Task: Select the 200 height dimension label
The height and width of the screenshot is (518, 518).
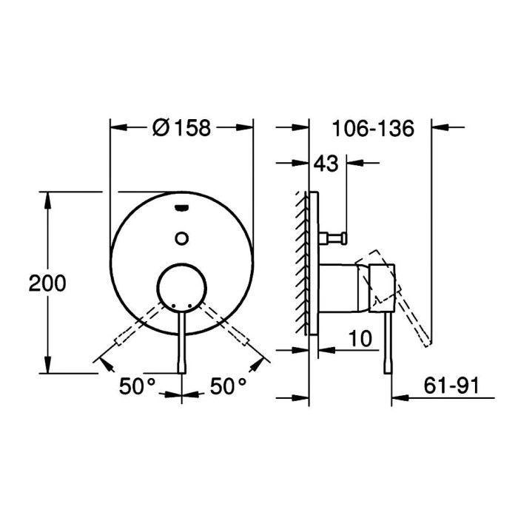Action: click(47, 283)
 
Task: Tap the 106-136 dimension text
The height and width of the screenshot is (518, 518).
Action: click(373, 128)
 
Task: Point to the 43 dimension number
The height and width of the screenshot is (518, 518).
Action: click(326, 164)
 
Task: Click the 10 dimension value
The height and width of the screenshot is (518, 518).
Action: click(360, 339)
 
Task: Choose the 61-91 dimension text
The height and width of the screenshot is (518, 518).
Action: click(451, 386)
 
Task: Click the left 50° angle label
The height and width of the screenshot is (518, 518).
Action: click(137, 386)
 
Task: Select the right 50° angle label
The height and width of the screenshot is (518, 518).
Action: click(228, 386)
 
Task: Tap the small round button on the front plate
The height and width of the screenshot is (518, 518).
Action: click(182, 238)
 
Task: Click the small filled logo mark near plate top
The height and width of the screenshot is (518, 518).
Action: click(182, 208)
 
